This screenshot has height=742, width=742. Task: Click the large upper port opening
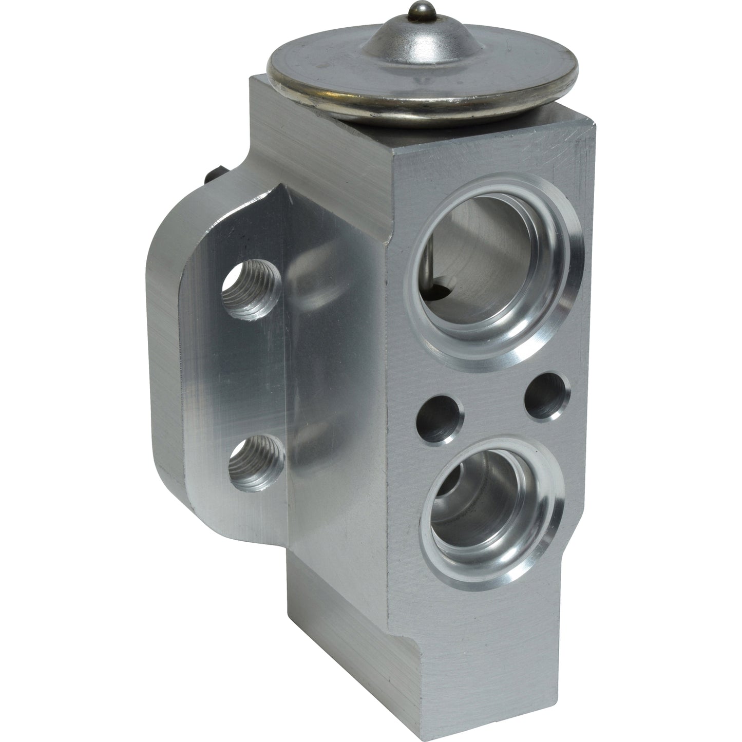coord(478,257)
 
